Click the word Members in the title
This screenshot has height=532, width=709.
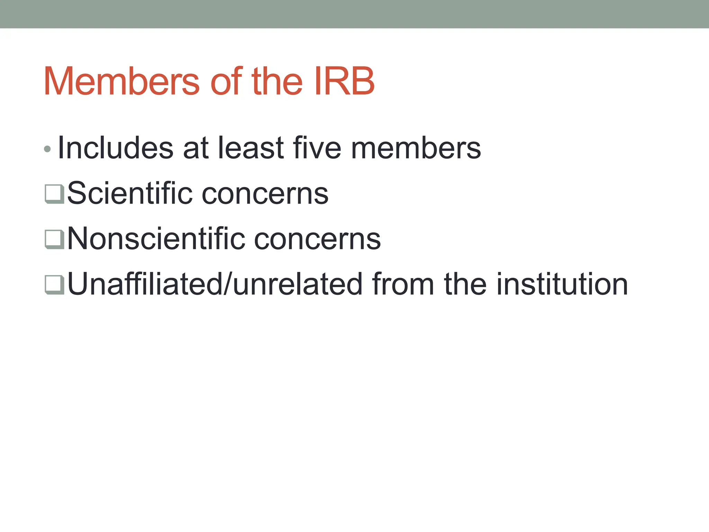coord(122,81)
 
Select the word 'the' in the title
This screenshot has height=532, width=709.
coord(277,81)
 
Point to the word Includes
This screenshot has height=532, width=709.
coord(115,148)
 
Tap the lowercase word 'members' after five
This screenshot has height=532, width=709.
coord(416,148)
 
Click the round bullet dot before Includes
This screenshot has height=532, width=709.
coord(47,149)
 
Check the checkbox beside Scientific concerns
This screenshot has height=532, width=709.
coord(54,194)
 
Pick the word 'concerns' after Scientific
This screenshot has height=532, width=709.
coord(265,193)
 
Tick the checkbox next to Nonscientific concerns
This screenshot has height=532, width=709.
coord(54,239)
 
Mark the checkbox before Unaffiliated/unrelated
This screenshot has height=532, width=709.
coord(54,284)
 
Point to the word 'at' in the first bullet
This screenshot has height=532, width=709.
coord(196,148)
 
